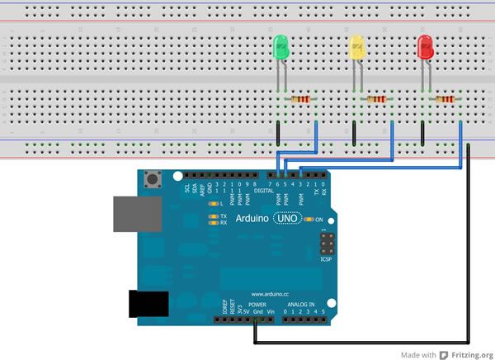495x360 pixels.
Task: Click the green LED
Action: pos(280,47)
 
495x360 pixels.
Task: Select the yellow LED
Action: pos(357,47)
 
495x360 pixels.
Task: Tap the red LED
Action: pos(426,46)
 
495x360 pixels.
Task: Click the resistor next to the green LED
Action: pos(302,100)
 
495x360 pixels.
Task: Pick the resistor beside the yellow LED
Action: pos(376,100)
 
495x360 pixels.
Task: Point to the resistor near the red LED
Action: pos(445,100)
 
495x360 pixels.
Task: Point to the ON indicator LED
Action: pos(309,220)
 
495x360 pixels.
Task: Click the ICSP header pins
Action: pos(328,245)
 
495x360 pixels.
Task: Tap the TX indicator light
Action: pos(214,216)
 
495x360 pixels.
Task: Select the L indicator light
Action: pos(214,203)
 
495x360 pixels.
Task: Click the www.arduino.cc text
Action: pos(269,293)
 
